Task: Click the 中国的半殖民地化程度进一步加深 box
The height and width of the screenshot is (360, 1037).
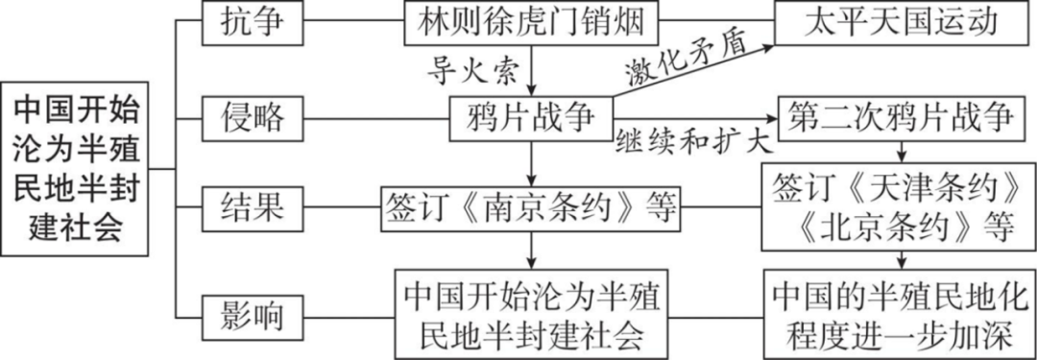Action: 901,312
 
